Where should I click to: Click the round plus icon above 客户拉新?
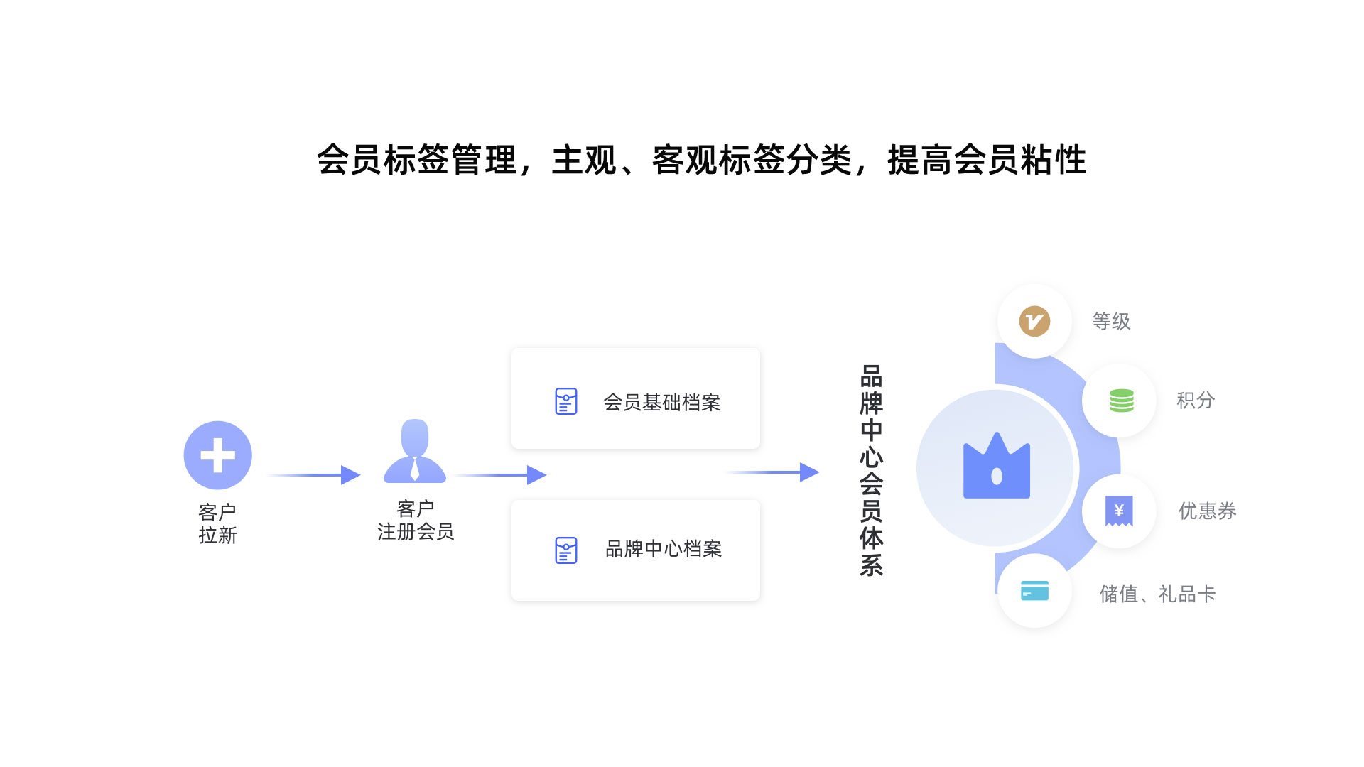[217, 455]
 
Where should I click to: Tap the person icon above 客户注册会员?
[415, 452]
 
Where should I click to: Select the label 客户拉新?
[217, 523]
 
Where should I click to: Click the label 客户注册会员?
[416, 520]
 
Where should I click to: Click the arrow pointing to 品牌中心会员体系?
[774, 472]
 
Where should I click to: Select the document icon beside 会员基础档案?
[565, 401]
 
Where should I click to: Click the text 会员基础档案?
[661, 403]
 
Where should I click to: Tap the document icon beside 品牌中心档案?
[565, 550]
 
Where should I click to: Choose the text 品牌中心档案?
[663, 549]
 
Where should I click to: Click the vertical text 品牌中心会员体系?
[871, 470]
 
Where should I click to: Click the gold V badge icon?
[1034, 321]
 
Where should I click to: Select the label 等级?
[1111, 322]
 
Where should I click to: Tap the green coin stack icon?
[1121, 401]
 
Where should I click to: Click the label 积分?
[1196, 401]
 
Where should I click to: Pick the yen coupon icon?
[1119, 511]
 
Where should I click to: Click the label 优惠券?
[1207, 511]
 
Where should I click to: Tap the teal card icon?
[1034, 591]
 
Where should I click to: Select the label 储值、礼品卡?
[1157, 594]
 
